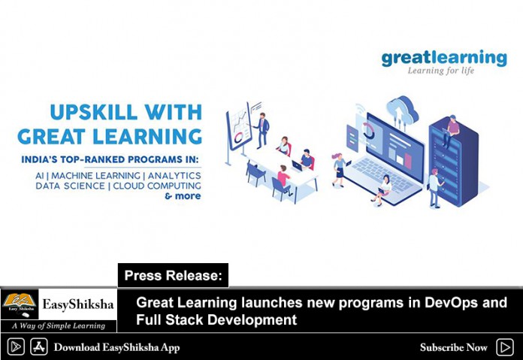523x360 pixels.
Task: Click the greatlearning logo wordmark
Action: pos(444,59)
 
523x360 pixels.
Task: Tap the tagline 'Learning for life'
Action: pos(440,71)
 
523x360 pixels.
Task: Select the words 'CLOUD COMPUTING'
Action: pos(157,186)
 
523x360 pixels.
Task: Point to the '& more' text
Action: pos(183,196)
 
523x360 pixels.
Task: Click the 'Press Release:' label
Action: pos(173,276)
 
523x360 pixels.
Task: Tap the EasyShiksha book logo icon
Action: pos(20,304)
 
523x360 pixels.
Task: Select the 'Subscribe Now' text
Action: pos(454,348)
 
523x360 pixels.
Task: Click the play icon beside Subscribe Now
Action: pos(505,347)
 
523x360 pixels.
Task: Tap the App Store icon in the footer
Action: pos(39,346)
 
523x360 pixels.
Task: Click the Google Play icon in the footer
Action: pos(16,346)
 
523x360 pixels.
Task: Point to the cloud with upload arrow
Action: pos(402,110)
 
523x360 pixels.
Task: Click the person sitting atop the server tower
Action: pos(451,131)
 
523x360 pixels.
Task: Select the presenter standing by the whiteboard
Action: pos(262,131)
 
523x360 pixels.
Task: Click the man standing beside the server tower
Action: pos(435,189)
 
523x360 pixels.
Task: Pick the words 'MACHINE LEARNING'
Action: pos(95,176)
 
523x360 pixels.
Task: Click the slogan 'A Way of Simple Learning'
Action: pos(59,325)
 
